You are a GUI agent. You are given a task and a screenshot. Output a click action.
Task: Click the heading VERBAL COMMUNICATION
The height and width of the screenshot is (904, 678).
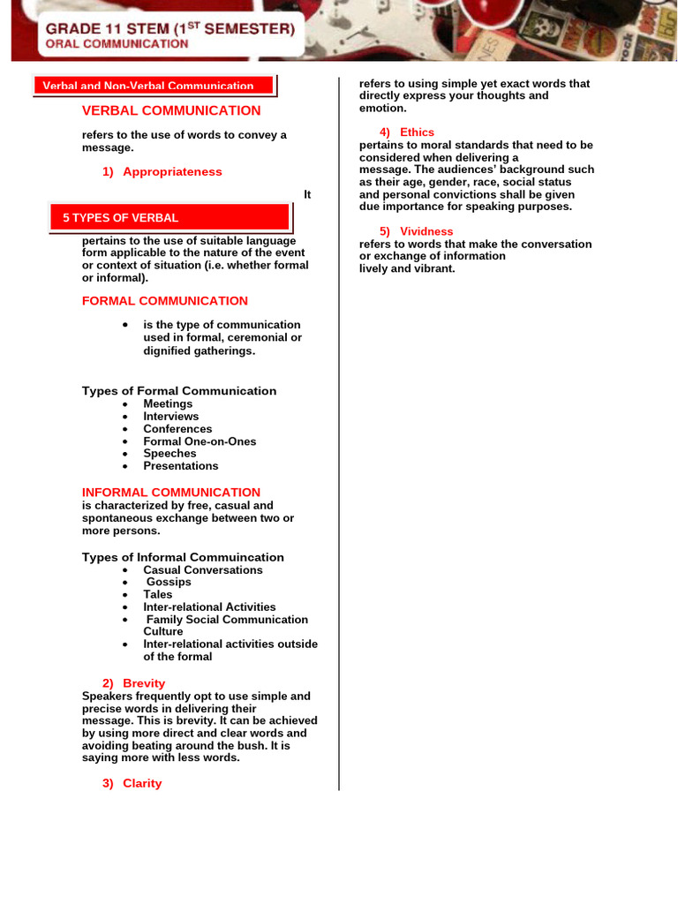(x=171, y=110)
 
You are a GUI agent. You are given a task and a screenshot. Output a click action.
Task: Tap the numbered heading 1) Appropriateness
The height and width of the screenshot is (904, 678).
(x=162, y=171)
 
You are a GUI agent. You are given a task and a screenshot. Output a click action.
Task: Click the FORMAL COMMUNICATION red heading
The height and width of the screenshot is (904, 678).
(x=165, y=301)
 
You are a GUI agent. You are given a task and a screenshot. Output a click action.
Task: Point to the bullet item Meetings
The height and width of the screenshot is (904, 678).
(x=168, y=403)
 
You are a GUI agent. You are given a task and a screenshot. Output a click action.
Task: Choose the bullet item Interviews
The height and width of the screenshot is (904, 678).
(x=171, y=416)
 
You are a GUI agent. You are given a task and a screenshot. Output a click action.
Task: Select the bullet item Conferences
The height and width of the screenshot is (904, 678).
(x=177, y=429)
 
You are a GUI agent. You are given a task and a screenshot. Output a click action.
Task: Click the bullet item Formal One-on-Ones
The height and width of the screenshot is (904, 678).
(x=200, y=441)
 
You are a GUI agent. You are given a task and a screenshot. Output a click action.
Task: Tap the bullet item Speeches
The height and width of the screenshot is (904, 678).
(x=170, y=454)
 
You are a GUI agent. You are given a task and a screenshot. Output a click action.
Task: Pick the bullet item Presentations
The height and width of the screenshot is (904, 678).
(x=181, y=466)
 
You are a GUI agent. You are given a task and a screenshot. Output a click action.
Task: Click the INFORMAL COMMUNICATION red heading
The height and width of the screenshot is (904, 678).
(x=171, y=493)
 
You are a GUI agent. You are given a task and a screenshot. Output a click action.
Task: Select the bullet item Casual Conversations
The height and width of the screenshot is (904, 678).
(x=203, y=570)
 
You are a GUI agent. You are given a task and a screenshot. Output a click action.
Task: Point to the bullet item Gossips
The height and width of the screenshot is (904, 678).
(x=169, y=583)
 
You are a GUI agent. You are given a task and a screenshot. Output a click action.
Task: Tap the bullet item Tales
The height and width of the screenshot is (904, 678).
(x=158, y=595)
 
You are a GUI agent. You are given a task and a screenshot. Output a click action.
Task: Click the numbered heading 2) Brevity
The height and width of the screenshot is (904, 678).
(x=133, y=683)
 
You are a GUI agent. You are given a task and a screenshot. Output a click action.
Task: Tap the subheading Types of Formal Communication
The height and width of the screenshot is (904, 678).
(x=179, y=391)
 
